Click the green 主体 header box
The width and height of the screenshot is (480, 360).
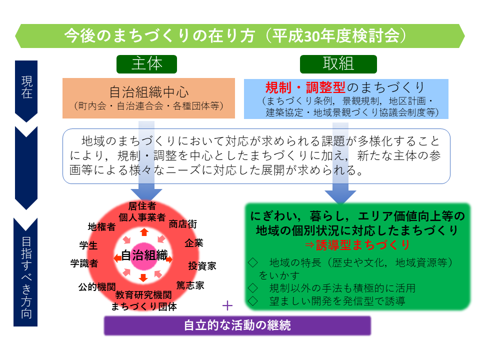(146, 64)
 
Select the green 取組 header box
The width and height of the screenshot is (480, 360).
(338, 64)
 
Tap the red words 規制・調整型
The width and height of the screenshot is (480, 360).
(305, 87)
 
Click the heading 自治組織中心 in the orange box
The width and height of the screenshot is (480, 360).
(149, 92)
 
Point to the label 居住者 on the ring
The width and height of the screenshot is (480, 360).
(142, 206)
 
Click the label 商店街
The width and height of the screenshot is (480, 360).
(183, 224)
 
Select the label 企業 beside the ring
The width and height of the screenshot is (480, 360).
(194, 243)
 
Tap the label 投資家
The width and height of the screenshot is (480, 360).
(202, 265)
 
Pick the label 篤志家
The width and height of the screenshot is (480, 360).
(190, 285)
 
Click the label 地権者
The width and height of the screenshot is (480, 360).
(101, 227)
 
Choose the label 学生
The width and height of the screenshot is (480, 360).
(88, 245)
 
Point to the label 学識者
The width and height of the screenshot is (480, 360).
(84, 263)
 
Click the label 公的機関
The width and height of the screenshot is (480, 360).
(97, 287)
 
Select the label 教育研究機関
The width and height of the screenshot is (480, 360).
(143, 295)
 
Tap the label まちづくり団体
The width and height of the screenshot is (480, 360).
(144, 306)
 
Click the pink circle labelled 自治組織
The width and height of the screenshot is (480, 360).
(144, 256)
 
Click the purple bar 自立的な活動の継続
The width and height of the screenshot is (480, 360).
(237, 325)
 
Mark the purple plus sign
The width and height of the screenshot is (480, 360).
(227, 305)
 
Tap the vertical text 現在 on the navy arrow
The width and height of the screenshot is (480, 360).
(26, 87)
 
